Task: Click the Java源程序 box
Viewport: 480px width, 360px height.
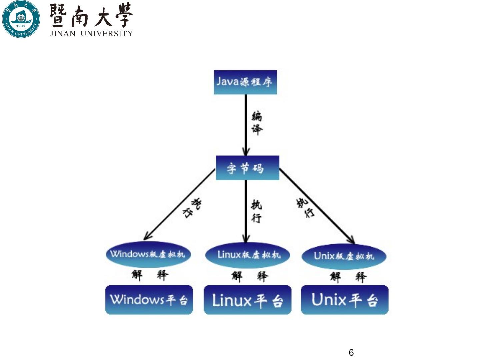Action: tap(245, 82)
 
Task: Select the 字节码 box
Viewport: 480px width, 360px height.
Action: tap(247, 168)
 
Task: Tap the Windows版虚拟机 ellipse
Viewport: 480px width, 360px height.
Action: tap(148, 254)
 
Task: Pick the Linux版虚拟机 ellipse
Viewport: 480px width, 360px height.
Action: tap(247, 255)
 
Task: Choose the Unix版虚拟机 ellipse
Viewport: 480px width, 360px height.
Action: tap(344, 256)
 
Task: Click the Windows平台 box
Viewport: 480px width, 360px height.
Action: tap(149, 300)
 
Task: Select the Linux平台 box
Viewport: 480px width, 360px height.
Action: tap(247, 300)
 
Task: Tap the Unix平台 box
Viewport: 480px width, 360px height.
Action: tap(345, 300)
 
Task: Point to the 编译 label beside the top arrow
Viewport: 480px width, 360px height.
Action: tap(257, 123)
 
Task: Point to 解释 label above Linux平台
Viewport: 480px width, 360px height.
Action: tap(250, 276)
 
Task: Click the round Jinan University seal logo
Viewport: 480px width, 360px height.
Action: tap(21, 19)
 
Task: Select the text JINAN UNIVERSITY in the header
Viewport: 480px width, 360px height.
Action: tap(91, 33)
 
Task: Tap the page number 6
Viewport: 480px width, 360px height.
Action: tap(351, 352)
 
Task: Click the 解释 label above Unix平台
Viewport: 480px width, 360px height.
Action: tap(348, 277)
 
